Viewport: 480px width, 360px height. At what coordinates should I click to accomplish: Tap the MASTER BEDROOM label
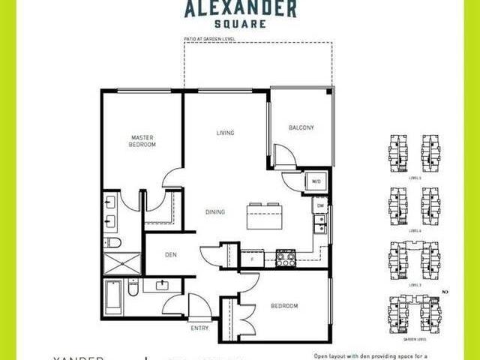click(x=142, y=141)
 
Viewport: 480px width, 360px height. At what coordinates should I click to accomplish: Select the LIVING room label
click(x=225, y=133)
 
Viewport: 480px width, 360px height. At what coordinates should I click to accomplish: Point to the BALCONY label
click(x=301, y=127)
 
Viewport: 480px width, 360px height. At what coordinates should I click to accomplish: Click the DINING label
click(x=215, y=212)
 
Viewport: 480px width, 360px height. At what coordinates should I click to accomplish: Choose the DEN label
click(x=170, y=254)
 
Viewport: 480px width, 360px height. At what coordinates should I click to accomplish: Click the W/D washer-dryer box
click(x=315, y=181)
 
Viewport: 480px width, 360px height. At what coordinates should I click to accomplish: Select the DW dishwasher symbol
click(x=319, y=205)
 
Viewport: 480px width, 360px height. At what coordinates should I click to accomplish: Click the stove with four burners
click(x=286, y=259)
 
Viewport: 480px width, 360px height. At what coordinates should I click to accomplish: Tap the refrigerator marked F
click(x=253, y=259)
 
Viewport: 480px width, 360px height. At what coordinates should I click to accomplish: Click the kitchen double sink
click(x=320, y=223)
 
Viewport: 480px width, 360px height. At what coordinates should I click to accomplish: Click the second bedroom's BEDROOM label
click(x=284, y=306)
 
